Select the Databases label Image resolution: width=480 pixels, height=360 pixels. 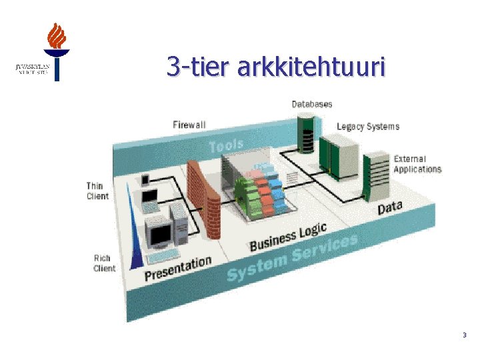[311, 104]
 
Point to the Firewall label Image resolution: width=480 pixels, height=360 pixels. [189, 125]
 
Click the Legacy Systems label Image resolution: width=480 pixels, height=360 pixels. [368, 126]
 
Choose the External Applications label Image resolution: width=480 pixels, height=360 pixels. [417, 164]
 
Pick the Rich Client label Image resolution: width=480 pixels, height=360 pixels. [103, 263]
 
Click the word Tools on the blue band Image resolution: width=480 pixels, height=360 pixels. [227, 145]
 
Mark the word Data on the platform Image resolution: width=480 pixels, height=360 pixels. [390, 207]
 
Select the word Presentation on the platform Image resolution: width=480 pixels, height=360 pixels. [178, 267]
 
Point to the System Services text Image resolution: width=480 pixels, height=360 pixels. [291, 258]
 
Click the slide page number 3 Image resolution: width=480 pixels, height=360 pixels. [464, 335]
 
